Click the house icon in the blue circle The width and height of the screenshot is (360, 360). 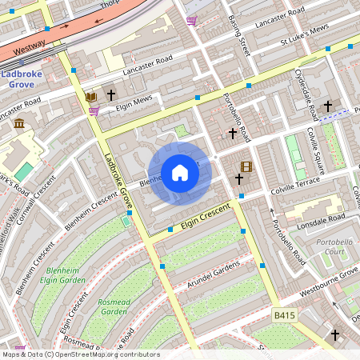coord(180,173)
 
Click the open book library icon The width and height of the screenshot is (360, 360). coord(90,96)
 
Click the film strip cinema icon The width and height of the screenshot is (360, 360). coord(246,166)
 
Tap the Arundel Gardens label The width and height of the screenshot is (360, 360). coord(213,273)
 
